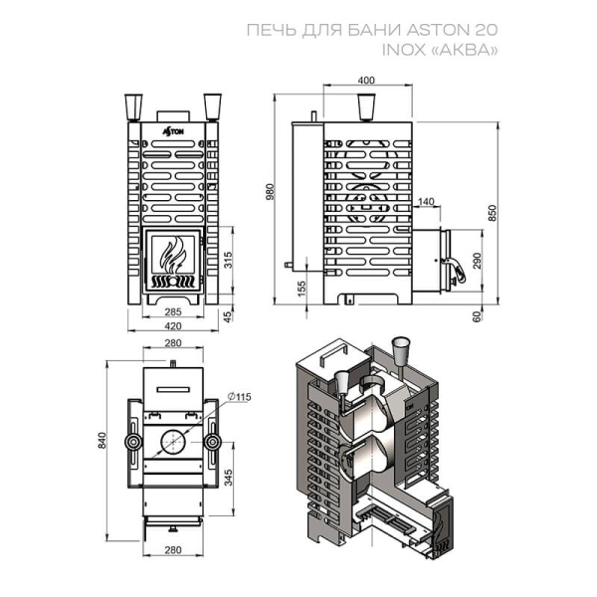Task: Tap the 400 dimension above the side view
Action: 366,81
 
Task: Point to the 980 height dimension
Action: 270,193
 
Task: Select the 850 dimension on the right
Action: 493,213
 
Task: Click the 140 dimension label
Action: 426,201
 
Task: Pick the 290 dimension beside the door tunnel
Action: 477,261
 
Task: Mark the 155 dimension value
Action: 301,289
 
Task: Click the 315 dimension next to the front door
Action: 228,260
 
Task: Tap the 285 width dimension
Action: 173,311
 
